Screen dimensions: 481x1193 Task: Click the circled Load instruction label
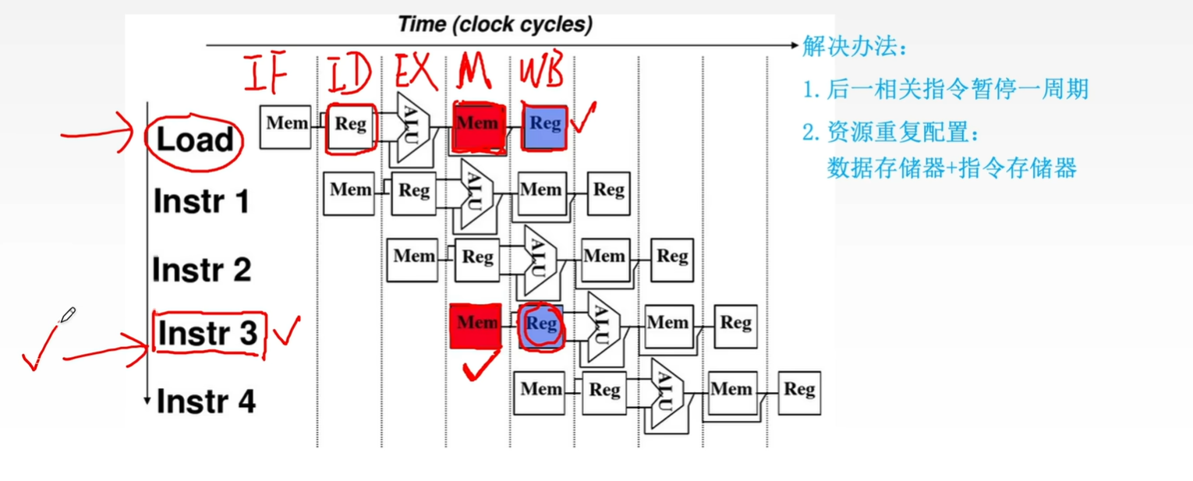[195, 140]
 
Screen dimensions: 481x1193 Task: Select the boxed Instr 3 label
[207, 334]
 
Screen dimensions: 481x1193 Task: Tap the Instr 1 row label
[201, 202]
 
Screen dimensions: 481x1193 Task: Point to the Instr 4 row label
[206, 401]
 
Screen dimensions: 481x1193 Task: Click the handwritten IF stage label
[266, 73]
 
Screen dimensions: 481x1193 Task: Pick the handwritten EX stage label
[415, 73]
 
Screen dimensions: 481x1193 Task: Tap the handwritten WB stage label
[541, 73]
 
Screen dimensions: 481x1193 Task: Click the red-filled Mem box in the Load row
[477, 125]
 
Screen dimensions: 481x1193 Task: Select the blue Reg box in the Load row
[544, 125]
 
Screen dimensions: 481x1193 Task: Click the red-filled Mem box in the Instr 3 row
[476, 324]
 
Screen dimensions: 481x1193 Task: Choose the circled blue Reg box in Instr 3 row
[541, 324]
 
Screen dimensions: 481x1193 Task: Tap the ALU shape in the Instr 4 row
[664, 393]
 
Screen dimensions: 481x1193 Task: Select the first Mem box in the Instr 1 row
[350, 191]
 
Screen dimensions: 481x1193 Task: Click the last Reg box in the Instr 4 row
[799, 391]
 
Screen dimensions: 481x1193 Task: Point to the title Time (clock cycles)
[495, 24]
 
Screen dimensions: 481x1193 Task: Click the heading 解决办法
[855, 47]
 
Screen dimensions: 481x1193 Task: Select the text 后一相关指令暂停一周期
[957, 90]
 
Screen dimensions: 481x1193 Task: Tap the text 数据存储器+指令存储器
[951, 168]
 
